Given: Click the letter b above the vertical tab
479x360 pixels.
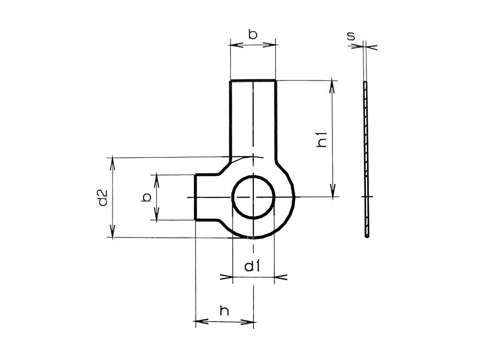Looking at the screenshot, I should click(x=252, y=34).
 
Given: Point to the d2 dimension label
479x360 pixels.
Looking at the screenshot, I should click(x=102, y=197).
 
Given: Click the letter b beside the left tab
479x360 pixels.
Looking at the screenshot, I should click(x=147, y=197).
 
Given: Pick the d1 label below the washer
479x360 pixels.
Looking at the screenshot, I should click(x=252, y=267).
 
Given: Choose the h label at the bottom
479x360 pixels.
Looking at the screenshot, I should click(x=224, y=311).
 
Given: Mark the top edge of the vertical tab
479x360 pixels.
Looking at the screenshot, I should click(x=253, y=80).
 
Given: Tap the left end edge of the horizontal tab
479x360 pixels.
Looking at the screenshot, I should click(x=195, y=197).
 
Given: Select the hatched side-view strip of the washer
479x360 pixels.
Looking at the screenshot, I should click(x=366, y=158).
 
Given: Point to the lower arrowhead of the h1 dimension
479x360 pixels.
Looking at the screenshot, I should click(x=332, y=192).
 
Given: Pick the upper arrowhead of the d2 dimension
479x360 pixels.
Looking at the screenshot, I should click(x=113, y=162).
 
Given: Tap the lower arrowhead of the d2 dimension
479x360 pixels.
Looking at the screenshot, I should click(x=113, y=232).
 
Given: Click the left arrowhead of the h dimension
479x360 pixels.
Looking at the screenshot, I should click(x=200, y=322).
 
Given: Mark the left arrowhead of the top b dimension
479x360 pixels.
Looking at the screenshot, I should click(x=235, y=45).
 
